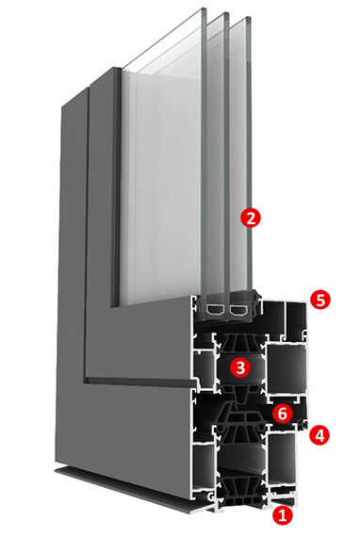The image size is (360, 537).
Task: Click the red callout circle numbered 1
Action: coord(282,515)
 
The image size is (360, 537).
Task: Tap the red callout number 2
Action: coord(251,218)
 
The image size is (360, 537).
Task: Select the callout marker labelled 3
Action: coord(240,367)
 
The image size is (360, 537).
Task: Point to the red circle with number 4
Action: coord(319,435)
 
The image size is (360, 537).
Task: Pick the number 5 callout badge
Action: coord(319,300)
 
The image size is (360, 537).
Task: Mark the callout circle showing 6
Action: coord(282,414)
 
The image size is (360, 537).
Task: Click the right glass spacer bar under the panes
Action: coord(238,310)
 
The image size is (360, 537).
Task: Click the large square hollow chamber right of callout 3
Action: coord(286,369)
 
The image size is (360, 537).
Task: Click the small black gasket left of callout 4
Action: coord(303,425)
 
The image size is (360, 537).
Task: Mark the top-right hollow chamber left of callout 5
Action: coord(297,317)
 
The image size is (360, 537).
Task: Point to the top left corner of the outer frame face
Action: coord(62,106)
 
